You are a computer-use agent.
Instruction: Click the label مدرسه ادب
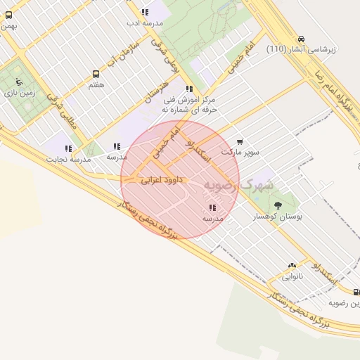click(144, 22)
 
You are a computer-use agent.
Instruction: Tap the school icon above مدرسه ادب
click(144, 12)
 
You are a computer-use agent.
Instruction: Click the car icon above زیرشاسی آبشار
click(301, 39)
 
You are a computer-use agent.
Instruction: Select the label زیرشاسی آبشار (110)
click(302, 50)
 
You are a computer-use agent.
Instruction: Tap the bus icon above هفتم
click(96, 74)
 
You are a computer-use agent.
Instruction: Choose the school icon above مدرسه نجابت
click(68, 148)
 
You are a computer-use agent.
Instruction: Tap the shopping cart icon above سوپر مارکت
click(240, 141)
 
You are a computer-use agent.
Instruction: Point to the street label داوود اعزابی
click(161, 180)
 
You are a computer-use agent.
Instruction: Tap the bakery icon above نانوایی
click(292, 266)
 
